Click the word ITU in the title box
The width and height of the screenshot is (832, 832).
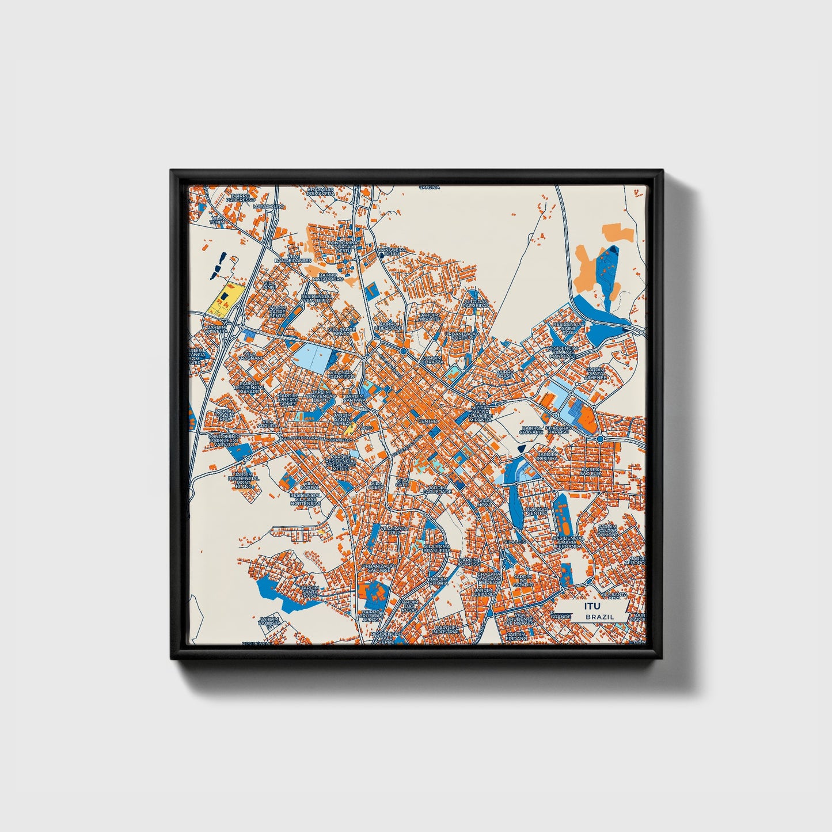tap(592, 606)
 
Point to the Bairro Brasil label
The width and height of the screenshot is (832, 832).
tap(505, 374)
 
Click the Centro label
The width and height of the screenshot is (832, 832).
tap(428, 421)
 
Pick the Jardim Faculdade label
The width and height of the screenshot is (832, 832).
tap(438, 489)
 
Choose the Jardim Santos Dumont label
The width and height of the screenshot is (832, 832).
tap(608, 530)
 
